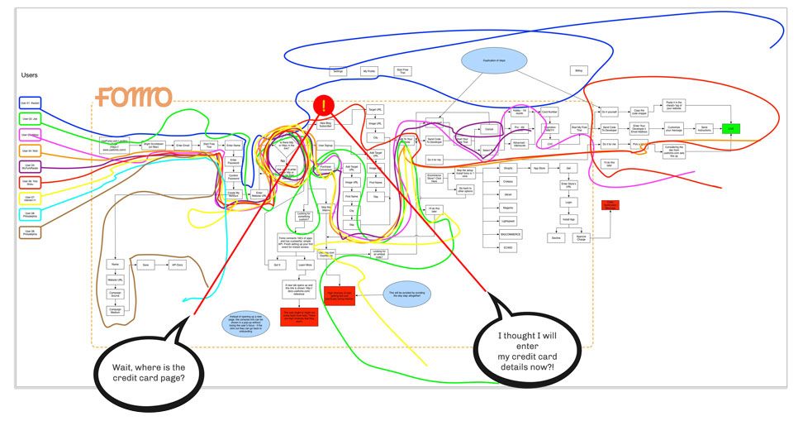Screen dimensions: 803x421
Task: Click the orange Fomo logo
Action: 133,98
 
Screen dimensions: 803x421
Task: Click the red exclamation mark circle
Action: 324,106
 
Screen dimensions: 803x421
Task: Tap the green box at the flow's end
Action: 730,129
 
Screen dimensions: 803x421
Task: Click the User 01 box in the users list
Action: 31,103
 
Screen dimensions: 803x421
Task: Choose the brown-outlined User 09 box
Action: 31,232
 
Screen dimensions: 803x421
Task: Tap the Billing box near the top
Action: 578,72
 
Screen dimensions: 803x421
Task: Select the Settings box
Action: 338,73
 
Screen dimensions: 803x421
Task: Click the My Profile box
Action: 370,73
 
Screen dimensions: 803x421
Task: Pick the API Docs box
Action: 178,265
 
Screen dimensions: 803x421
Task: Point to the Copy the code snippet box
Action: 639,112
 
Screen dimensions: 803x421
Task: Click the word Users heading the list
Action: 31,75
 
